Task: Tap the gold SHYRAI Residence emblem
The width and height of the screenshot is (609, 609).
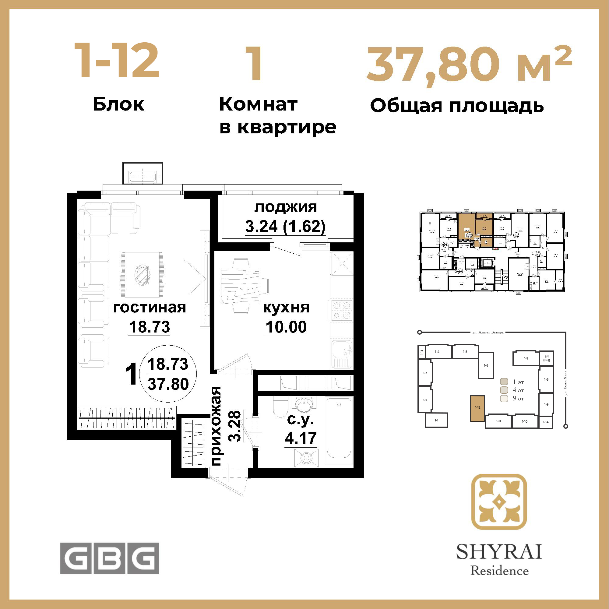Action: click(499, 502)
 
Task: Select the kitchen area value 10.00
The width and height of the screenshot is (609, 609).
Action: click(286, 327)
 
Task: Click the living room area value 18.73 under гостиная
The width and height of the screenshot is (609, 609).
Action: click(150, 327)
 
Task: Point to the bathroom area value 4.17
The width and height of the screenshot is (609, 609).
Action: click(301, 438)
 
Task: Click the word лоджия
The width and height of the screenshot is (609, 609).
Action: click(286, 207)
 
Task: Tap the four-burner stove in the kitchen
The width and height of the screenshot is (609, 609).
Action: click(342, 310)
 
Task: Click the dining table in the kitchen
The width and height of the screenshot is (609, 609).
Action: click(240, 286)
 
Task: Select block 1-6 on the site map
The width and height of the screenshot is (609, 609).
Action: click(486, 365)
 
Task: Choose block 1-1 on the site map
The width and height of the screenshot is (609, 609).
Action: click(436, 420)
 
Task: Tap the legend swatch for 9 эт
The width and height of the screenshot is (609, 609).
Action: click(504, 398)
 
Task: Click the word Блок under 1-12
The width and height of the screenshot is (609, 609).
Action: click(118, 104)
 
